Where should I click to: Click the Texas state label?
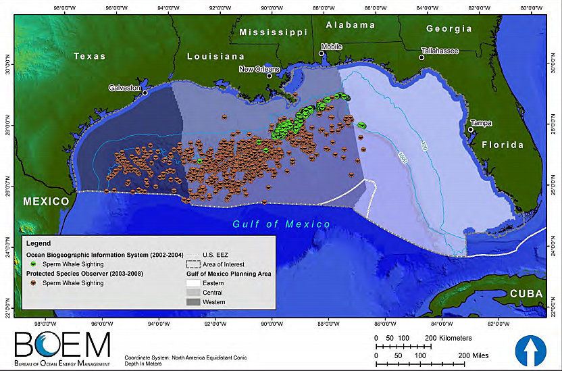tap(89, 56)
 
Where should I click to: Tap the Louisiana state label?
tap(215, 56)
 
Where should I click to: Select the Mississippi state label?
tap(273, 32)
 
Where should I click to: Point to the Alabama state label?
tap(350, 25)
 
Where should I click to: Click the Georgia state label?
tap(449, 28)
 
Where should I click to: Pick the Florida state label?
tap(502, 145)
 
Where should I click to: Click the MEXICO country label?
tap(46, 201)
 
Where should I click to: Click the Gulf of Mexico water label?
tap(282, 224)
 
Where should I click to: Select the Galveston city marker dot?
tap(145, 93)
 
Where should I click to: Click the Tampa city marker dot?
tap(471, 130)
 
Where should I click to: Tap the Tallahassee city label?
tap(440, 51)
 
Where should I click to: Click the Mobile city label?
tap(331, 47)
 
